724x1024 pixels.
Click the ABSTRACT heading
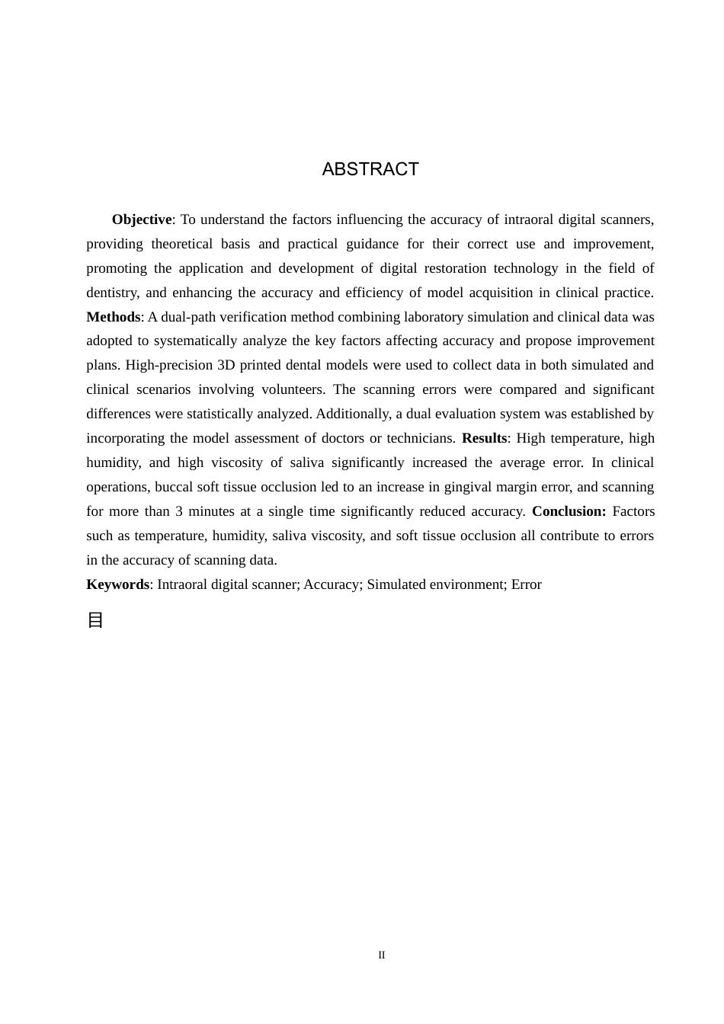click(370, 169)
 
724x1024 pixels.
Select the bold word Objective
click(142, 219)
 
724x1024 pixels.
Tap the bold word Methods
click(113, 317)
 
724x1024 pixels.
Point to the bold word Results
click(484, 438)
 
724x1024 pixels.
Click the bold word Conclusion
click(569, 511)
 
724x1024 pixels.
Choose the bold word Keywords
click(117, 584)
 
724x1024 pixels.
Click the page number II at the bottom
click(382, 955)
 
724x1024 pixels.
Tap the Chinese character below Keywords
click(95, 620)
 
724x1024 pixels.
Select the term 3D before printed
click(226, 365)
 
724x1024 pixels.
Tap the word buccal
click(174, 487)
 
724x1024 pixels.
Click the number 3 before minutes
click(179, 511)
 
